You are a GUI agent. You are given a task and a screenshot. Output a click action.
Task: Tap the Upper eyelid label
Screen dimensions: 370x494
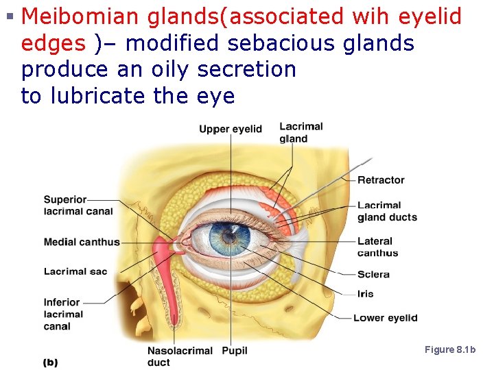click(231, 129)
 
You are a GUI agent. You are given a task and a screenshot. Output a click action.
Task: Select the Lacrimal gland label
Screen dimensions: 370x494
click(301, 132)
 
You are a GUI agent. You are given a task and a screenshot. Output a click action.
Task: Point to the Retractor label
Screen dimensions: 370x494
click(381, 180)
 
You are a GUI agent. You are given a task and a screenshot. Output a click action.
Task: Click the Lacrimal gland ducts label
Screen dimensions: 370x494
click(386, 211)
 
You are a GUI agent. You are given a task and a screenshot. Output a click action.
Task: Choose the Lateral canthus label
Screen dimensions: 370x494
click(377, 247)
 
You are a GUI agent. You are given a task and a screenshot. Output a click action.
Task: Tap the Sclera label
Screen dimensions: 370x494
click(373, 274)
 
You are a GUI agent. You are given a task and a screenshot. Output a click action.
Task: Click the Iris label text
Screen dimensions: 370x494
click(366, 294)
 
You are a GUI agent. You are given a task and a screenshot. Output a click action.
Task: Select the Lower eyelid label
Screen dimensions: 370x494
click(385, 318)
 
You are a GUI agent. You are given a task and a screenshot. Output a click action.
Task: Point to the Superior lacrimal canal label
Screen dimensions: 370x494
click(78, 206)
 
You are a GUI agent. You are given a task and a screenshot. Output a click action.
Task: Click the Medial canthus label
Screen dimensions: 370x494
click(82, 242)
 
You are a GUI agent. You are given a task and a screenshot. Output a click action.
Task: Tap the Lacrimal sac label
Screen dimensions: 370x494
click(75, 271)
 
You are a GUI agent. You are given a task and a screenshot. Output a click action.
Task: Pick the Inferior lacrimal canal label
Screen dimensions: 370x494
click(63, 314)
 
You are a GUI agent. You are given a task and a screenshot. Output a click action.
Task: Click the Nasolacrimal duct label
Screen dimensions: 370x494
click(180, 356)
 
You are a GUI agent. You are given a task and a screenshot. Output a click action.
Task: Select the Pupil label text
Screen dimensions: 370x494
click(235, 351)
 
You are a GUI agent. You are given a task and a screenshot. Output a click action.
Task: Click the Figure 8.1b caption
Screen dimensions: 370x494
click(450, 350)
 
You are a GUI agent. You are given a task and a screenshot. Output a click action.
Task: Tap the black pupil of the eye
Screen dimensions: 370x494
click(226, 238)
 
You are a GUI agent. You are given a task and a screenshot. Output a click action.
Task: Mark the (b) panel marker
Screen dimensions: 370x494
click(50, 362)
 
